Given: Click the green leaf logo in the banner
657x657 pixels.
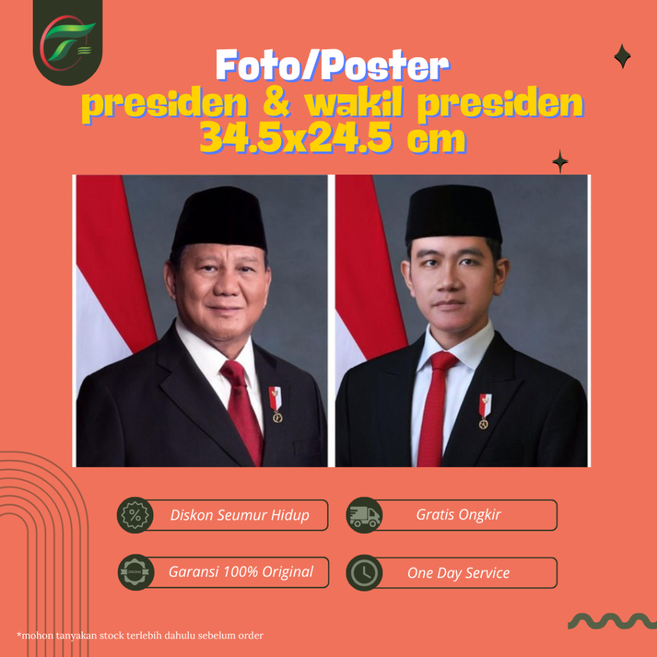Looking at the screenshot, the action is (x=67, y=42).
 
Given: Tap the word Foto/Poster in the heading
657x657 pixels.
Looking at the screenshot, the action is (x=332, y=65).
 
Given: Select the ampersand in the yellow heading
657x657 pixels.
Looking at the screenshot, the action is (x=277, y=103).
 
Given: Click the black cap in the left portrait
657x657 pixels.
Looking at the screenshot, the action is (x=219, y=219).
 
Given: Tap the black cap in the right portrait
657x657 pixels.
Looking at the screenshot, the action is (x=453, y=214).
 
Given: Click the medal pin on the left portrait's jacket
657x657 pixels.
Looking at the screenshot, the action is (x=275, y=404).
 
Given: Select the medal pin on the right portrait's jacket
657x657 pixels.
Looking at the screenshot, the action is (x=485, y=411).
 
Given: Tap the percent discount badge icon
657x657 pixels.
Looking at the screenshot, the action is (x=135, y=515).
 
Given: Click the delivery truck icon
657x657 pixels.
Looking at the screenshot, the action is (x=364, y=515).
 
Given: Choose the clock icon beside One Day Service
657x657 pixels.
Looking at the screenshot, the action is (x=364, y=573).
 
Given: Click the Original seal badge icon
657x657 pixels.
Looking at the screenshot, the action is (x=136, y=572).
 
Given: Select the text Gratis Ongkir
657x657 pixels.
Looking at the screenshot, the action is (x=458, y=515).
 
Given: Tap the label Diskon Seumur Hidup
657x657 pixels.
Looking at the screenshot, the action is (x=240, y=515).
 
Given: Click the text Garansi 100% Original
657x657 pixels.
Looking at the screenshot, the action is (x=241, y=572).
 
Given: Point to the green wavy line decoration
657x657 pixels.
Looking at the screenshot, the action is (x=612, y=621).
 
